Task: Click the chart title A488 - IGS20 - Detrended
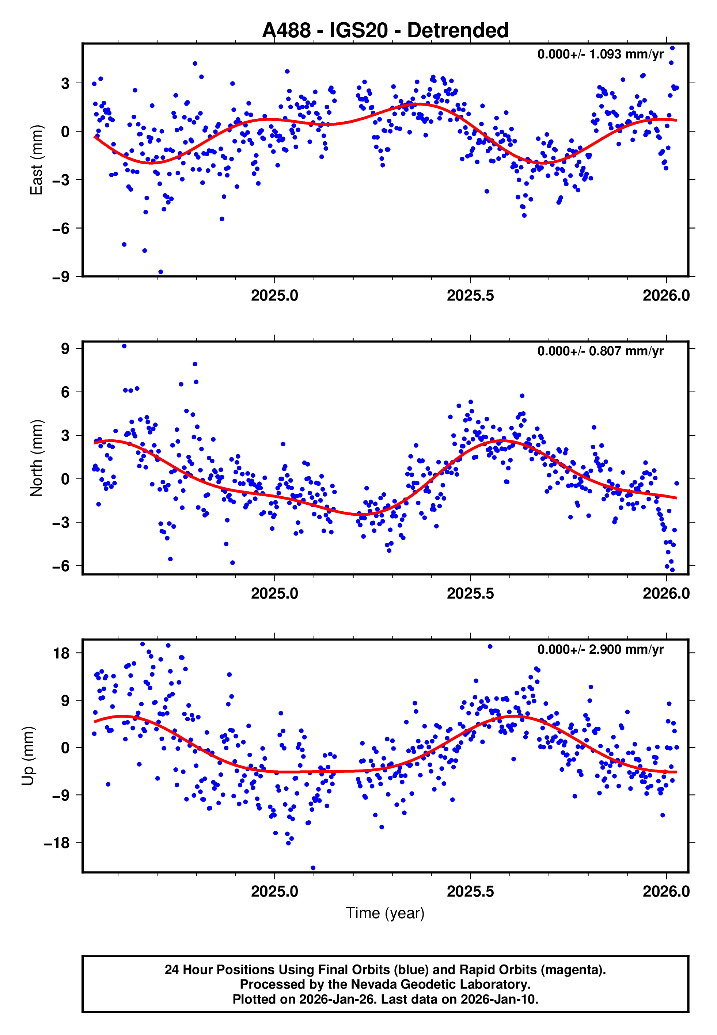coord(385,31)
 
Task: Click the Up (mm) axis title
coord(28,756)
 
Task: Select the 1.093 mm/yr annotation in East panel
coord(600,54)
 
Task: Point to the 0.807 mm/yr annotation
coord(600,351)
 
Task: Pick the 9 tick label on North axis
coord(65,348)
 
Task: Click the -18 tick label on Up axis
coord(57,843)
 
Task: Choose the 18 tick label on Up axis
coord(61,653)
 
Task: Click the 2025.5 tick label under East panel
coord(470,295)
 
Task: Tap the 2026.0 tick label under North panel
coord(666,593)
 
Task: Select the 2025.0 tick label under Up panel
coord(274,891)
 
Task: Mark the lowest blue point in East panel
coord(161,272)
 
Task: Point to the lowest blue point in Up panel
coord(313,868)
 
